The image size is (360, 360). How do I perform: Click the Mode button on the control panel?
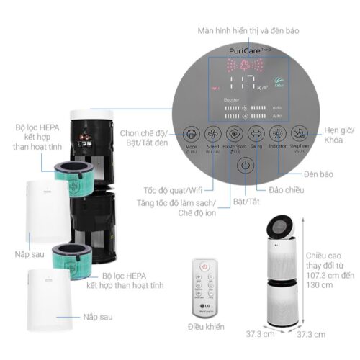pyautogui.click(x=192, y=134)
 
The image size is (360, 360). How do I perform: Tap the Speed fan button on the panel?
pyautogui.click(x=214, y=134)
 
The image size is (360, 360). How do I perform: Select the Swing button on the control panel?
pyautogui.click(x=256, y=134)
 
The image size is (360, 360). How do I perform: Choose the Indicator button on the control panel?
pyautogui.click(x=278, y=134)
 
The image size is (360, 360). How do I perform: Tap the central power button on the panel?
pyautogui.click(x=246, y=164)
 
